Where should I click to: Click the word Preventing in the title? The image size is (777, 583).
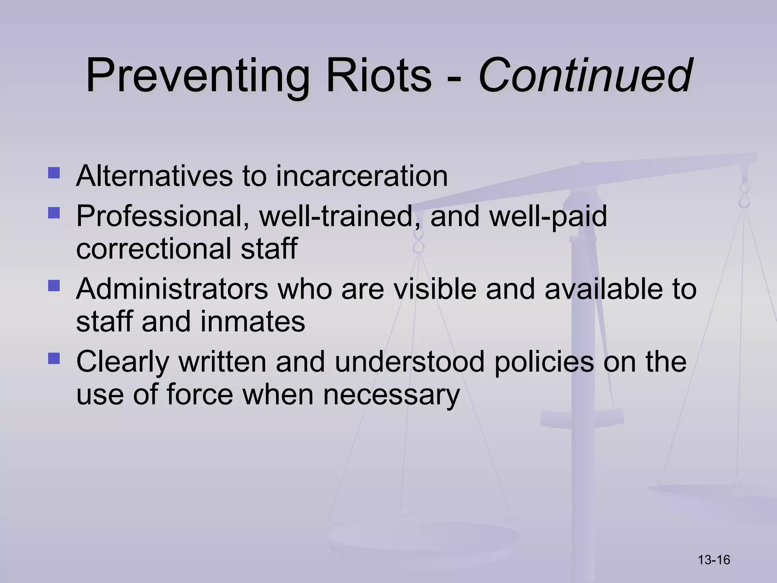tap(197, 76)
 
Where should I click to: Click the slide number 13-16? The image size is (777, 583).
tap(714, 560)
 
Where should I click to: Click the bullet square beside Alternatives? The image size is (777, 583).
tap(54, 173)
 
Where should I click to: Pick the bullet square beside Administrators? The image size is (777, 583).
tap(54, 285)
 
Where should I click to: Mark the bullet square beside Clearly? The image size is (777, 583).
tap(54, 358)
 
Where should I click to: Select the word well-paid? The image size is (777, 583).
tap(548, 216)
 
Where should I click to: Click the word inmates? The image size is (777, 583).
tap(252, 321)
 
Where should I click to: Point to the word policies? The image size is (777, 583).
tap(544, 362)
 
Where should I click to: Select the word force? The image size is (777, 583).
tap(200, 394)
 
